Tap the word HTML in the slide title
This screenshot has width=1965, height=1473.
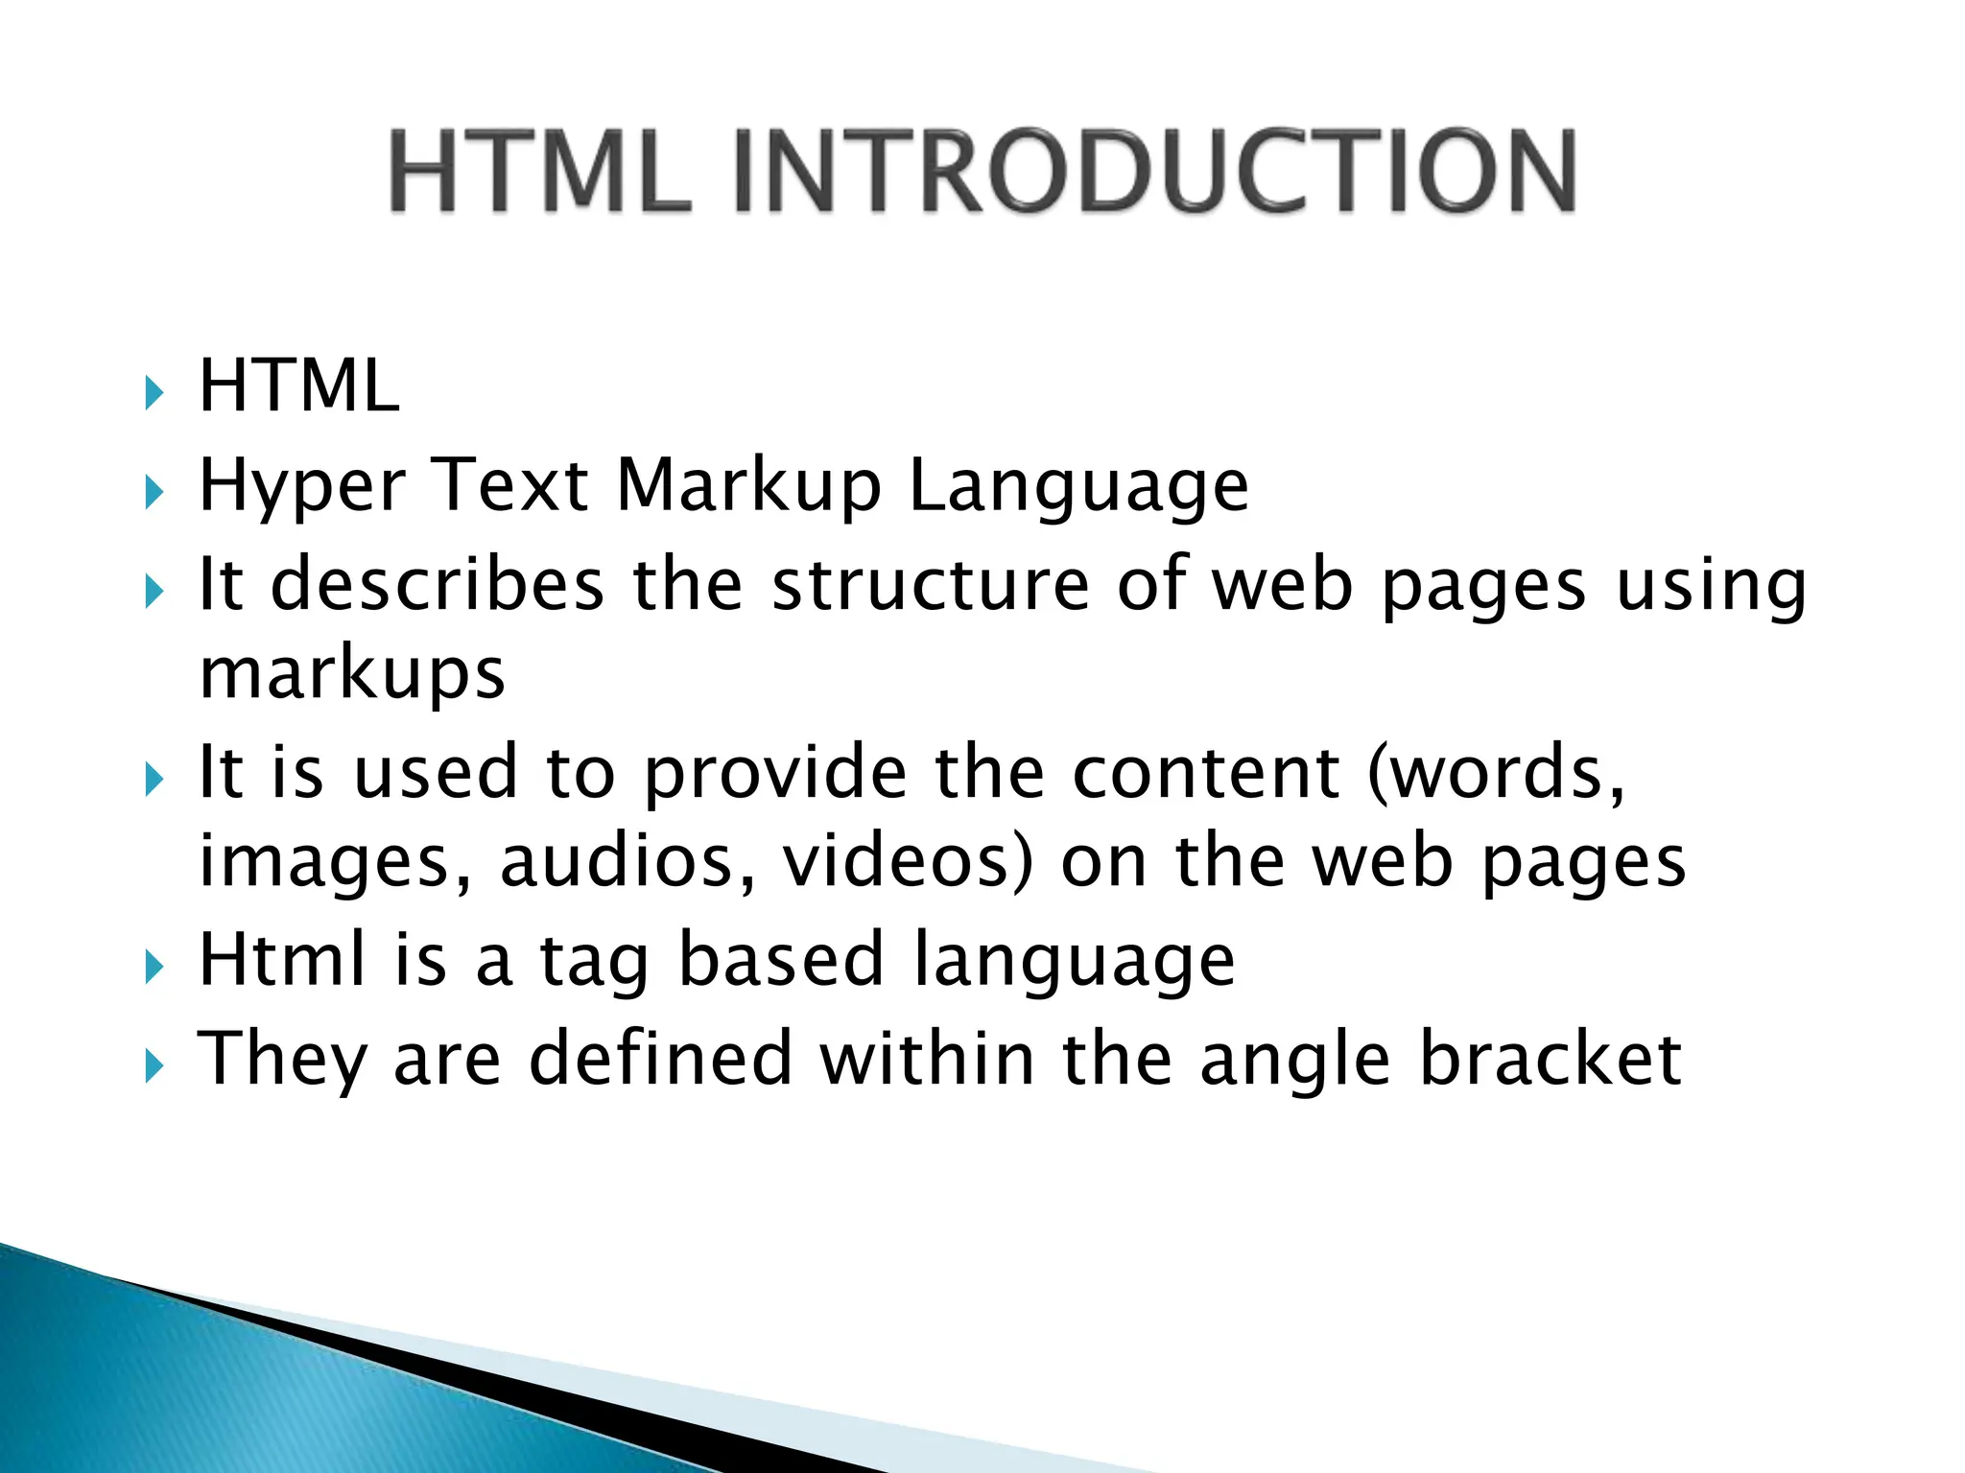click(x=539, y=170)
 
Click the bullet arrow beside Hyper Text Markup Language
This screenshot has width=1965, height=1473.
click(x=154, y=493)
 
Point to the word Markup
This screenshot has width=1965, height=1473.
click(x=748, y=487)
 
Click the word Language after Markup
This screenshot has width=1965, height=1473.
click(x=1078, y=487)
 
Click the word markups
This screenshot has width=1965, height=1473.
click(x=352, y=675)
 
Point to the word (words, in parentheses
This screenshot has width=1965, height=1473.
click(x=1497, y=771)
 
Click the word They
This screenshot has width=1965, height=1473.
click(x=282, y=1061)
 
